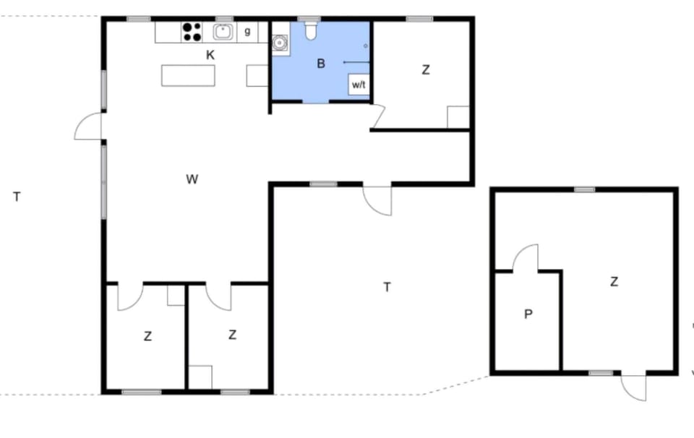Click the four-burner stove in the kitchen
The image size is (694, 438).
point(192,33)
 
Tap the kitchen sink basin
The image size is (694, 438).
point(223,33)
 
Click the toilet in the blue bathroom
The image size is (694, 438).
point(311,31)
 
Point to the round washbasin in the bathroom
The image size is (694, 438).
point(280,43)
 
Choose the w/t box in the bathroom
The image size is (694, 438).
point(359,85)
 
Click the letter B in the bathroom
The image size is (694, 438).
point(321,64)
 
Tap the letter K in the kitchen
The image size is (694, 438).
point(210,55)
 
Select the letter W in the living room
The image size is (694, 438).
point(192,179)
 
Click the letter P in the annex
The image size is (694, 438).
point(528,314)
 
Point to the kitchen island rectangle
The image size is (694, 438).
point(188,76)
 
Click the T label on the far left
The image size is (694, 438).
point(17,197)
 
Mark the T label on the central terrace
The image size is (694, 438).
point(387,287)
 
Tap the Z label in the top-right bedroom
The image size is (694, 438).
point(425,70)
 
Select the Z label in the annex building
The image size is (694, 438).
point(614,281)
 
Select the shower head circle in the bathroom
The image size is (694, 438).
point(366,46)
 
